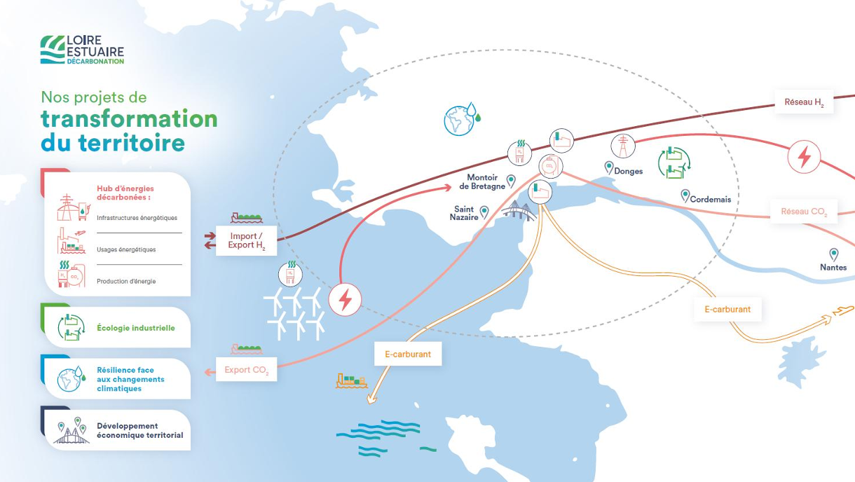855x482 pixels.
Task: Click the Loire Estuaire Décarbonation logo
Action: pyautogui.click(x=83, y=50)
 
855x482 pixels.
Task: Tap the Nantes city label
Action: pyautogui.click(x=833, y=267)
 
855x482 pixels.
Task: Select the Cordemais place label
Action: pyautogui.click(x=711, y=199)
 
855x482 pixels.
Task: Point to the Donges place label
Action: pyautogui.click(x=628, y=171)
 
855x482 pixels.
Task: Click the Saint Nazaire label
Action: pyautogui.click(x=464, y=213)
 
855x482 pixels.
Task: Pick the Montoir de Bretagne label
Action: pyautogui.click(x=482, y=181)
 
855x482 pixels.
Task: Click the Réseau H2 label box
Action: pyautogui.click(x=804, y=102)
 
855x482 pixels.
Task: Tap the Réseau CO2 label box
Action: pyautogui.click(x=804, y=212)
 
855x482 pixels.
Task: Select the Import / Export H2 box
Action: pyautogui.click(x=246, y=241)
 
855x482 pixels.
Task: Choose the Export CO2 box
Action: pyautogui.click(x=246, y=369)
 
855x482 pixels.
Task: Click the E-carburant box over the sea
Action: pyautogui.click(x=408, y=354)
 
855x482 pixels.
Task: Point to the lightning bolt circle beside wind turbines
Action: pyautogui.click(x=345, y=300)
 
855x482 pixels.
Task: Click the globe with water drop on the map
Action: pyautogui.click(x=462, y=118)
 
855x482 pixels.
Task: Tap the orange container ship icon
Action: pyautogui.click(x=352, y=381)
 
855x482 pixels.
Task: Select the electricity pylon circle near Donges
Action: pyautogui.click(x=623, y=146)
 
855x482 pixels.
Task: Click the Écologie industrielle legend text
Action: pyautogui.click(x=135, y=328)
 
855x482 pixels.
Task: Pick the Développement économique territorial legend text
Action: pyautogui.click(x=139, y=430)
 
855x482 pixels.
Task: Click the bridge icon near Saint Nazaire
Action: pyautogui.click(x=519, y=211)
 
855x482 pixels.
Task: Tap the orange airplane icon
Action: pyautogui.click(x=843, y=310)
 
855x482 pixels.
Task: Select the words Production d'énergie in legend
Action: pyautogui.click(x=126, y=281)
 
